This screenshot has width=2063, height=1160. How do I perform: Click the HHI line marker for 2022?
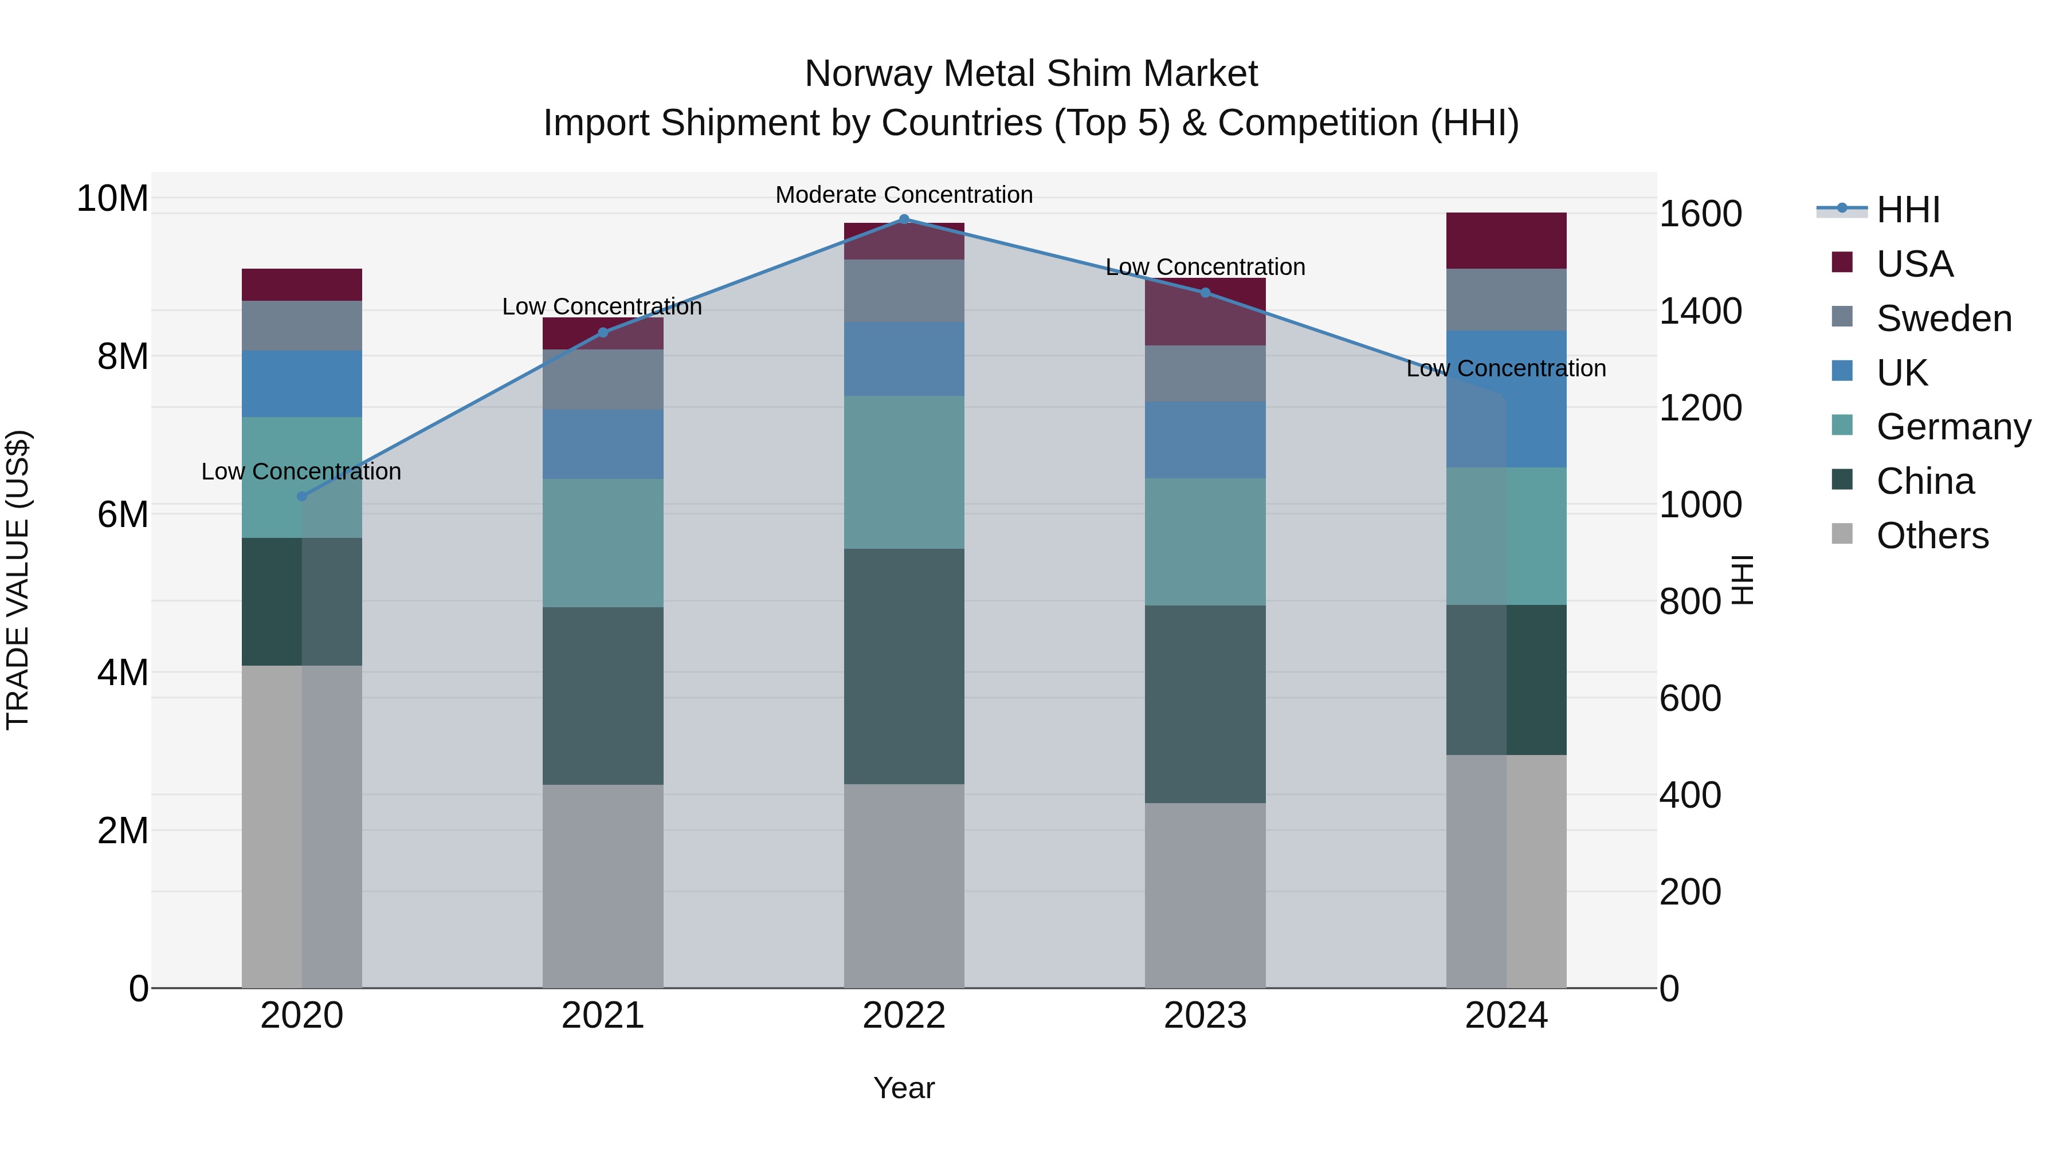(904, 219)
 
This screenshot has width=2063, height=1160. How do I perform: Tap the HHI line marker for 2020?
(302, 496)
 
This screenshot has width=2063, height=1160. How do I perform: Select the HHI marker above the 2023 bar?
(1205, 293)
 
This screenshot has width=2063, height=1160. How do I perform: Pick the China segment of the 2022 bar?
(904, 666)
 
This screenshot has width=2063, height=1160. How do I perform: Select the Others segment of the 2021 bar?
(603, 886)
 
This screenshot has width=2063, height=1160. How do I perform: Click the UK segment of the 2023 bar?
(1205, 441)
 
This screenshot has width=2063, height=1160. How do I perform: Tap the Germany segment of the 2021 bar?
(603, 543)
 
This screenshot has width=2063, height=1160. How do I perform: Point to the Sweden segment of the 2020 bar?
(302, 326)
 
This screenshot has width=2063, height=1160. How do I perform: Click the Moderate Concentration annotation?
(904, 195)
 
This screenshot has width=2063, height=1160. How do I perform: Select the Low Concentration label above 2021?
(602, 306)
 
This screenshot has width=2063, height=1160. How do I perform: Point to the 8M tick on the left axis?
(123, 356)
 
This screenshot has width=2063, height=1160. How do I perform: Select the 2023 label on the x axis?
(1205, 1016)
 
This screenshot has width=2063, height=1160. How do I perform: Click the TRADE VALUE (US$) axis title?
(18, 580)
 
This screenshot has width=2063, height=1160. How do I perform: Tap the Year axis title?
(904, 1088)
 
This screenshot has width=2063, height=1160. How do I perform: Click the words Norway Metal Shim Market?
(1031, 74)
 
